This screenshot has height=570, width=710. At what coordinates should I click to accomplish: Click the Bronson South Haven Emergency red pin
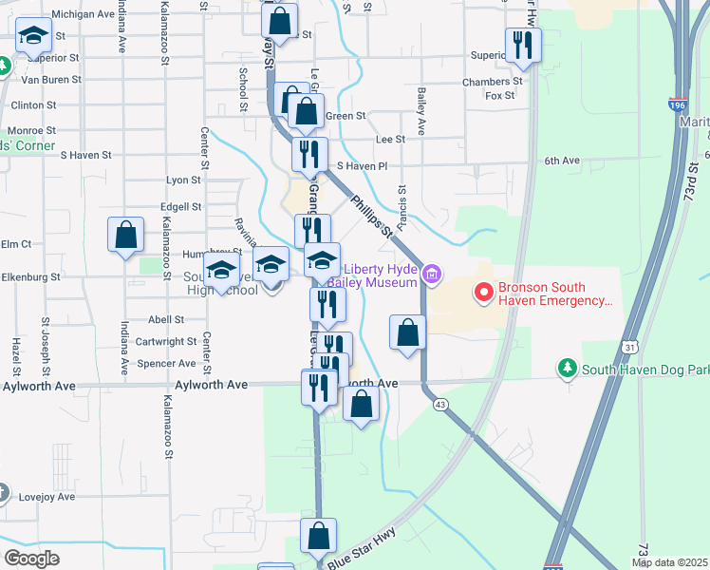coord(483,292)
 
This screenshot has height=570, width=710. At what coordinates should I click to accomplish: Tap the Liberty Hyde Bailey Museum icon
coord(432,275)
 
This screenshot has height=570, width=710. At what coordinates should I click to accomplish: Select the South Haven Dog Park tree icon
coord(568,368)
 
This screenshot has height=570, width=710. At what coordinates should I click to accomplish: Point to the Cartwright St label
coord(166,341)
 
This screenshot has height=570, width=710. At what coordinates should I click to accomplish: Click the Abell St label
coord(165,320)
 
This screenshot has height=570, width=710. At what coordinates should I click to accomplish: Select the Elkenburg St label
coord(30,277)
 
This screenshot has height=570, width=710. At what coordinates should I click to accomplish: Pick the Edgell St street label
coord(180,206)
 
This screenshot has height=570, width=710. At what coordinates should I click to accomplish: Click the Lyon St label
coord(183,180)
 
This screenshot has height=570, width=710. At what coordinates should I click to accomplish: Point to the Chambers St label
coord(486,83)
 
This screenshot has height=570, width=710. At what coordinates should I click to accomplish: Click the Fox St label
coord(499,96)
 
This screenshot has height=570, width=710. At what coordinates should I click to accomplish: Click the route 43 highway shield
coord(439,405)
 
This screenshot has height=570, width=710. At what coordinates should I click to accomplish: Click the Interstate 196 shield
coord(677,103)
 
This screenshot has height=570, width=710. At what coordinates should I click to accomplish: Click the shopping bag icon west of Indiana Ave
coord(125,235)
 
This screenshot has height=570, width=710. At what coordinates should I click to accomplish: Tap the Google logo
coord(31,559)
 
